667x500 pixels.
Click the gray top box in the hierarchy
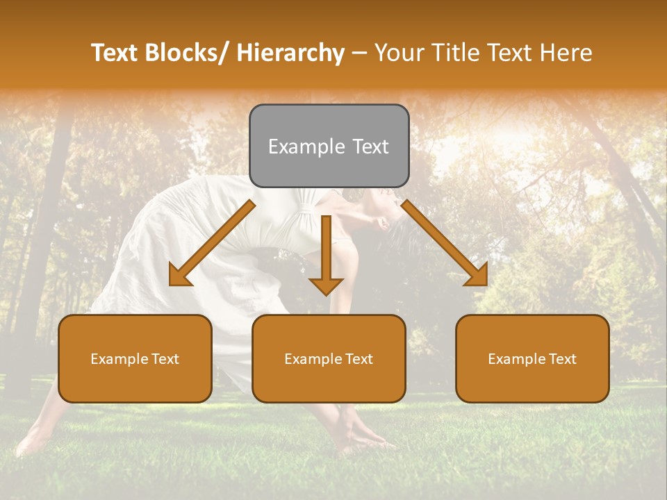(329, 146)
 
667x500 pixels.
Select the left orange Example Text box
(135, 358)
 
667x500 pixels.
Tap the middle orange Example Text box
(329, 358)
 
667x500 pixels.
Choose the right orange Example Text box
(532, 358)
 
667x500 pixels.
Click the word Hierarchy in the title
(290, 53)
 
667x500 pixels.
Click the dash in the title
(359, 53)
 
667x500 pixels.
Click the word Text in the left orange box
(165, 359)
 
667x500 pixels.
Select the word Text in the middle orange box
(359, 359)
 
